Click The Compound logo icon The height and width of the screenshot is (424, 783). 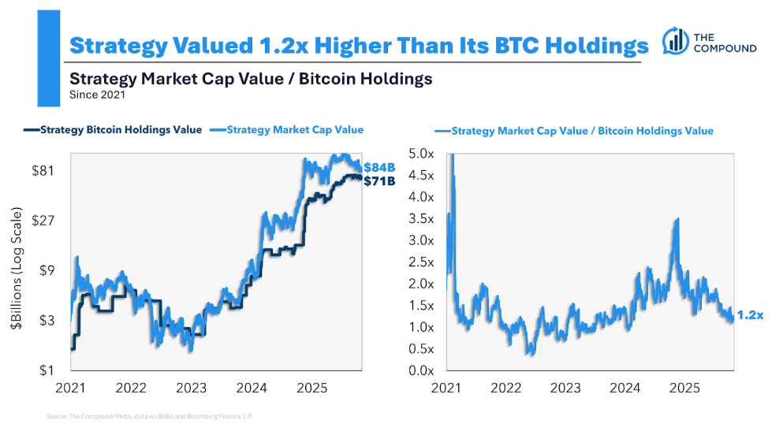675,40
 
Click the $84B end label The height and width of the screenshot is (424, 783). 378,167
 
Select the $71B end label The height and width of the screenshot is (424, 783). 378,180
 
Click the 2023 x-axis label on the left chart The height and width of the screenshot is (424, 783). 192,388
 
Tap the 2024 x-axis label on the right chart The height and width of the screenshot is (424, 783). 625,388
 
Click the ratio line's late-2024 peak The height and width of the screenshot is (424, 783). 677,220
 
